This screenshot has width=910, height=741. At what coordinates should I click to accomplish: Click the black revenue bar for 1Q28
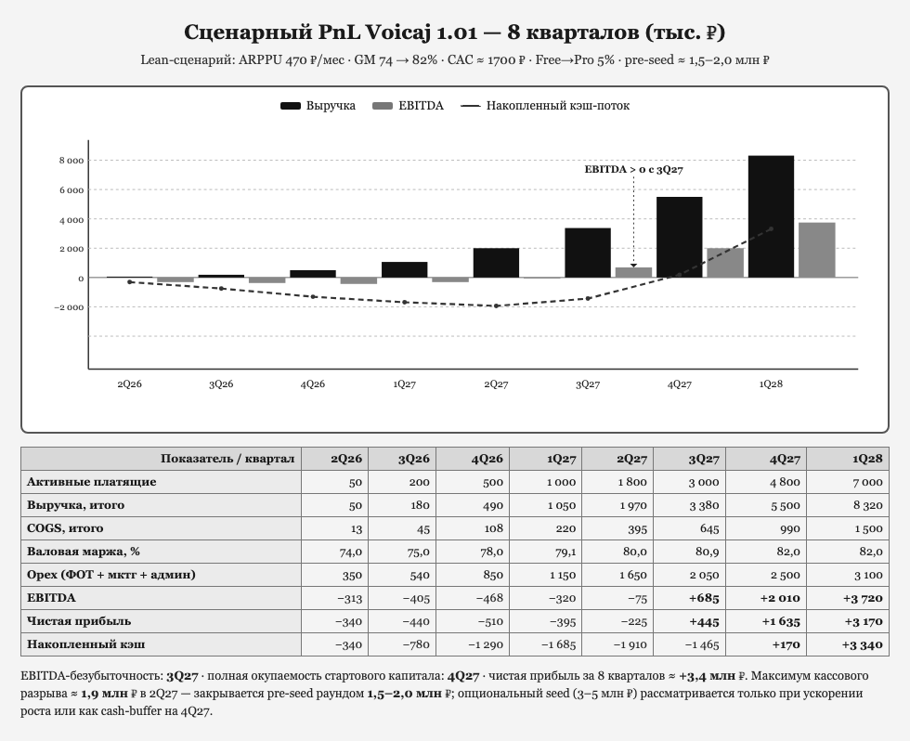click(771, 216)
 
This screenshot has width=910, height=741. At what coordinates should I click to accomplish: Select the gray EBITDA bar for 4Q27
click(725, 263)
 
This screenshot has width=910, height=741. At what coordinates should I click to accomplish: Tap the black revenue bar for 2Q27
click(496, 263)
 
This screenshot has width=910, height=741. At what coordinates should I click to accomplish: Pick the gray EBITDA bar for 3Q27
click(633, 272)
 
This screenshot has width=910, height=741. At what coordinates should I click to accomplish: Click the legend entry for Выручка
click(318, 106)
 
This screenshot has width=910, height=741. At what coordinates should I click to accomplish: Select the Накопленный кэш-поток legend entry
click(545, 106)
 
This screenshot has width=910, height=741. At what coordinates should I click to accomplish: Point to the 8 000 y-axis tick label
click(71, 161)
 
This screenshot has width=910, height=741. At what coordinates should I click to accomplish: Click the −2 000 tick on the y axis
click(69, 307)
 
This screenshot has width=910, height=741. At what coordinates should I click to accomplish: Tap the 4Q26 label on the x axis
click(313, 384)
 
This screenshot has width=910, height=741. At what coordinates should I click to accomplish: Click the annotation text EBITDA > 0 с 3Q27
click(633, 169)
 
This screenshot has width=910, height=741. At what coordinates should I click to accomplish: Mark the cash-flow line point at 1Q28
click(772, 228)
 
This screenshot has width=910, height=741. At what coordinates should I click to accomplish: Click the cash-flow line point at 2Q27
click(496, 305)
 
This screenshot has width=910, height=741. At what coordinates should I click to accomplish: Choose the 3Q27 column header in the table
click(704, 459)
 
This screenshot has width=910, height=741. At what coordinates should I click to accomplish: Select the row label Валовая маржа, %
click(84, 552)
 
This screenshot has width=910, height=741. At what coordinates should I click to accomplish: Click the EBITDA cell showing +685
click(704, 598)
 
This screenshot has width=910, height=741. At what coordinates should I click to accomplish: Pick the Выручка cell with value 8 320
click(867, 505)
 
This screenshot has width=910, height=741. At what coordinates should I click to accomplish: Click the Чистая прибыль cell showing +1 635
click(781, 621)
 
